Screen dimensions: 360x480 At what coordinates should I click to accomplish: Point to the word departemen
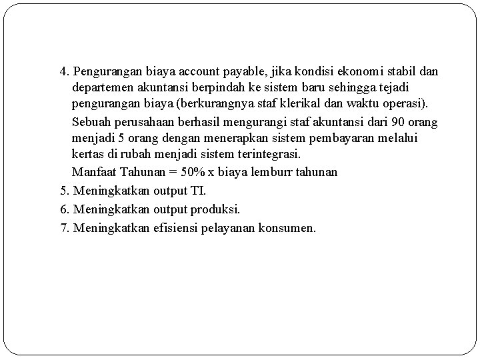[x=103, y=88]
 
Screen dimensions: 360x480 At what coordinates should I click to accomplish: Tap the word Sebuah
[x=91, y=121]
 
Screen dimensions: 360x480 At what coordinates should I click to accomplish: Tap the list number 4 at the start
[x=63, y=71]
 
